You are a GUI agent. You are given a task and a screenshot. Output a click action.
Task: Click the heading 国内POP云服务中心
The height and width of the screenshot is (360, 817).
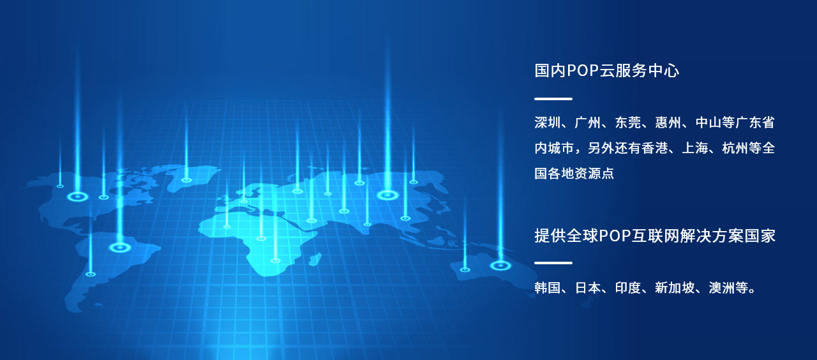click(x=606, y=70)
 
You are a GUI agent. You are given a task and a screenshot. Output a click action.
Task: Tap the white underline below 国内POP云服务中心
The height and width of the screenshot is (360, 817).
click(x=553, y=99)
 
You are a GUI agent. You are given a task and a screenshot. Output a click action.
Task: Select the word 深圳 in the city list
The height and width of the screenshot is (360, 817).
click(x=548, y=123)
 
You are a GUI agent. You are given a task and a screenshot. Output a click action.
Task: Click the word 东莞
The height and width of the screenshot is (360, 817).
click(x=628, y=123)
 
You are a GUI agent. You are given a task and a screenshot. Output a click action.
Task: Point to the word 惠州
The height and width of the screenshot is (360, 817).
click(x=668, y=123)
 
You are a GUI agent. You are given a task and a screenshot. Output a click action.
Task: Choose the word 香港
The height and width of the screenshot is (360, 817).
click(x=655, y=148)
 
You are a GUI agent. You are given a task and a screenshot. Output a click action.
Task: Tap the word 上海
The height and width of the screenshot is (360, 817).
click(x=695, y=148)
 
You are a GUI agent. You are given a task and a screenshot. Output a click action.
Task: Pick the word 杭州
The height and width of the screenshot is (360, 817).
click(x=735, y=148)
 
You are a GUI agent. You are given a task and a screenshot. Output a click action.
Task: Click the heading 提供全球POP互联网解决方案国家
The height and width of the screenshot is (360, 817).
click(x=655, y=236)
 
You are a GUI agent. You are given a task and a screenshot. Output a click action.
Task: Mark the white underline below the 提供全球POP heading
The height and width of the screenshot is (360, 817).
click(x=553, y=262)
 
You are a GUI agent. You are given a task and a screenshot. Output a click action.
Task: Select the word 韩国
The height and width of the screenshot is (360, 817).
click(x=548, y=288)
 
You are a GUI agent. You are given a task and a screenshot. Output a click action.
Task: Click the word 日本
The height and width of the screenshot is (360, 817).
click(x=588, y=288)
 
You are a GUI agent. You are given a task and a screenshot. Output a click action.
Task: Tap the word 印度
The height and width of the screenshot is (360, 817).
click(x=628, y=288)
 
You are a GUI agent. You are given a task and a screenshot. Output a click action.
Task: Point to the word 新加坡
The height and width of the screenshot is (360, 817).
click(x=675, y=288)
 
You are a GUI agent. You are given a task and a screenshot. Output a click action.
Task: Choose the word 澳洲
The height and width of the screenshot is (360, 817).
click(x=722, y=288)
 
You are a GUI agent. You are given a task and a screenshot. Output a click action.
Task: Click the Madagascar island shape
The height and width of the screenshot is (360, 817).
click(x=315, y=259)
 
